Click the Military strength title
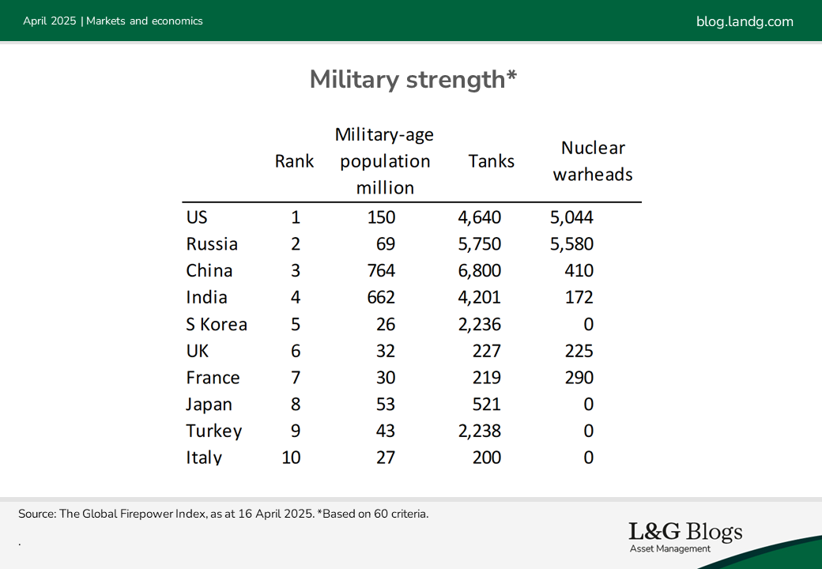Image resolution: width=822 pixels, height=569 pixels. point(413,80)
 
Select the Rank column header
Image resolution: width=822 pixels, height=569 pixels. point(294,161)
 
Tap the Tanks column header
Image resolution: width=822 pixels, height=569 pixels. point(491,161)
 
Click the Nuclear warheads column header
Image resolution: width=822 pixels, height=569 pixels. point(593,161)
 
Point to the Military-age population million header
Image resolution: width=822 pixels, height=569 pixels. point(385,161)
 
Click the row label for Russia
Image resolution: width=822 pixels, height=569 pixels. point(212,244)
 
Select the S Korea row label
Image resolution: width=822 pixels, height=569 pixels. point(217,324)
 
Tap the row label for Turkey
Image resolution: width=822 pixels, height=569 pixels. point(214,431)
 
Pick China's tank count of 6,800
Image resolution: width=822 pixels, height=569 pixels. point(479,271)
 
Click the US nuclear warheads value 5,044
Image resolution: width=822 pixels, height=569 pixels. point(571,217)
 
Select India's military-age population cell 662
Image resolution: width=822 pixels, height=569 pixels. point(381,298)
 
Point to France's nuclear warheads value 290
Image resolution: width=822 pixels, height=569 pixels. point(579,378)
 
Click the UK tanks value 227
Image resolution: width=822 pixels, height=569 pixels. point(487,351)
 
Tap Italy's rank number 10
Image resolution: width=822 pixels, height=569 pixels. point(291,458)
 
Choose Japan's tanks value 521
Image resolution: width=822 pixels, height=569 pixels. point(487,405)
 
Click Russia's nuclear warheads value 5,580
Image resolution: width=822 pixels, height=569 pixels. point(571,244)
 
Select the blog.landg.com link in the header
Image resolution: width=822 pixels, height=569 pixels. point(745,21)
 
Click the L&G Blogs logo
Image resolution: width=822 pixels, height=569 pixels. point(685,537)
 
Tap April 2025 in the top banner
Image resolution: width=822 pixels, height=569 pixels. point(50,21)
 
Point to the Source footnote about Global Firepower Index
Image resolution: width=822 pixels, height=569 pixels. point(224,514)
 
